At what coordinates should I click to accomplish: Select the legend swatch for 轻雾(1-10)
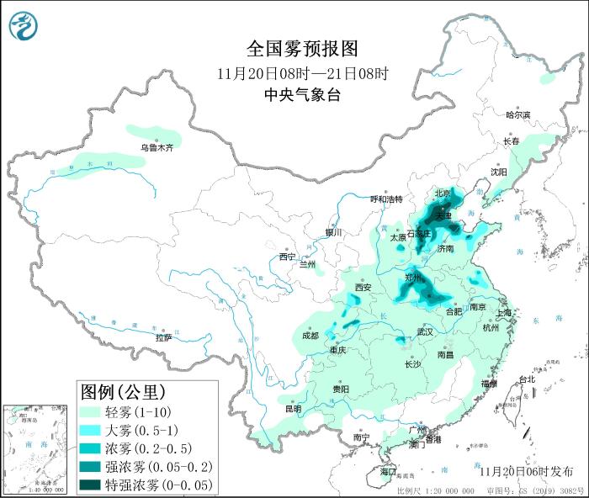91,412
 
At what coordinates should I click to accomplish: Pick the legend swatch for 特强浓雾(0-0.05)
91,485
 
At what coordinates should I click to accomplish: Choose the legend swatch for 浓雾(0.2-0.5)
91,448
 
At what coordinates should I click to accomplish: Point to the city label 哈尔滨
517,114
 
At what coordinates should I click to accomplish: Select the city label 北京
443,193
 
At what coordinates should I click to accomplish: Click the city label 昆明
292,409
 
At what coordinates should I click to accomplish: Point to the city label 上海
504,312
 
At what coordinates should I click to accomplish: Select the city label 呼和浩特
386,199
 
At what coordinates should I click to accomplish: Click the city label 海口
387,472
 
